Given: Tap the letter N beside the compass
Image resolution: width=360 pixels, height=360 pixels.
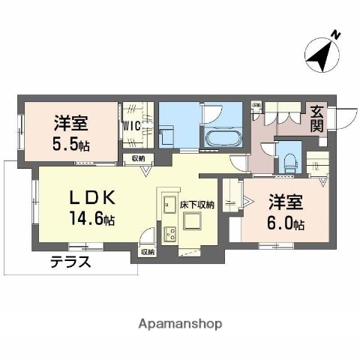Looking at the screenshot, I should click(336, 34).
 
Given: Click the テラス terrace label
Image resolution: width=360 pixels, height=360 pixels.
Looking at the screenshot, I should click(71, 262).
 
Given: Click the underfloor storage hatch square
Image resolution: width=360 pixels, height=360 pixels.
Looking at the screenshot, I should click(193, 222).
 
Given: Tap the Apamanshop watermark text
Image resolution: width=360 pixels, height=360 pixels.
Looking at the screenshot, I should click(181, 324).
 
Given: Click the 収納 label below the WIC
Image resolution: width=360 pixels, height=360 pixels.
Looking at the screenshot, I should click(138, 158).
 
